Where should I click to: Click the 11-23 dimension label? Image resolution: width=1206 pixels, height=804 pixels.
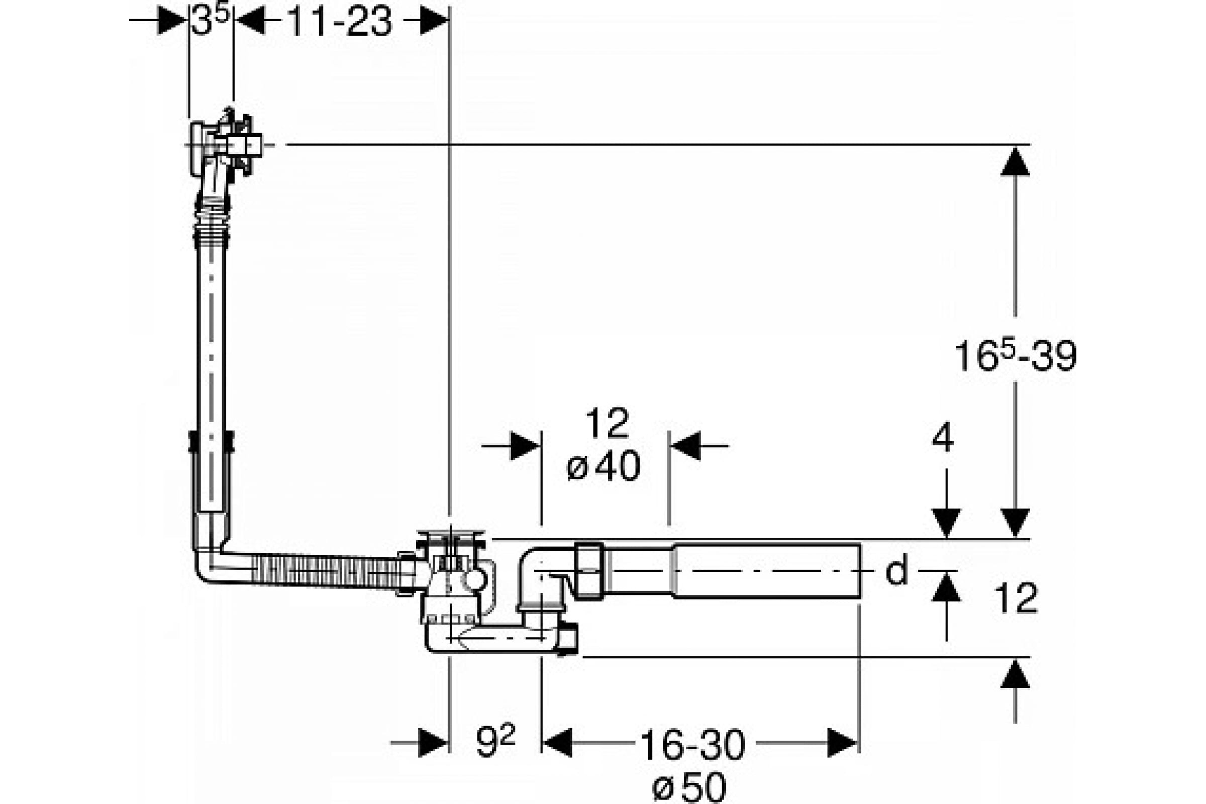340,22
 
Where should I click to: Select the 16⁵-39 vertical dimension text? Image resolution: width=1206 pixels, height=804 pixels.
1015,355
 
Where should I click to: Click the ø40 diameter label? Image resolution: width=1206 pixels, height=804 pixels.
603,466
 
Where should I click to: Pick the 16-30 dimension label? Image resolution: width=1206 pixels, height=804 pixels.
693,745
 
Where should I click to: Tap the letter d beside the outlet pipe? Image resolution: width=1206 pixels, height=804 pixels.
897,570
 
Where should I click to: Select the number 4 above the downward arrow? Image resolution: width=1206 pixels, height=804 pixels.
943,438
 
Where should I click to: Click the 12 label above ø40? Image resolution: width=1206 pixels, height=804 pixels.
607,423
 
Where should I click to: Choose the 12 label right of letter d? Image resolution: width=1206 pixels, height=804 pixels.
1016,598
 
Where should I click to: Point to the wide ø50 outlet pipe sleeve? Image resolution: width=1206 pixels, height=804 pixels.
767,571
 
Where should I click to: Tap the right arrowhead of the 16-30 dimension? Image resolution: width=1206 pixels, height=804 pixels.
842,743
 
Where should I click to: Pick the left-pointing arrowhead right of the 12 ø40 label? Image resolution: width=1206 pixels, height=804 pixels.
685,446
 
